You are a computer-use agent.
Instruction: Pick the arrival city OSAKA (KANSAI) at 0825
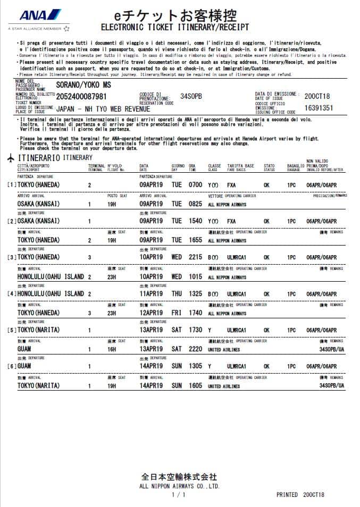pos(39,204)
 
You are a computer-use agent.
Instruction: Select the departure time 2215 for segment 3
pos(196,257)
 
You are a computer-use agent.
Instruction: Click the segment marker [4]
pos(11,294)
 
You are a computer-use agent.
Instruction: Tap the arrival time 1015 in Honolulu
pos(196,277)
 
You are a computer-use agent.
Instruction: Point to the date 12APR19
pos(153,313)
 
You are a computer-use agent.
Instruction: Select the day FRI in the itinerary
pos(177,313)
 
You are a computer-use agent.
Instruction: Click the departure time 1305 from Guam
pos(196,366)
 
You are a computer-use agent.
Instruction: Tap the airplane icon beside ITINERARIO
pos(11,158)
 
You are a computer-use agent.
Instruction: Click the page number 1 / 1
pos(179,495)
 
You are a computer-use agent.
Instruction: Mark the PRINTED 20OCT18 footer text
pos(300,495)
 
